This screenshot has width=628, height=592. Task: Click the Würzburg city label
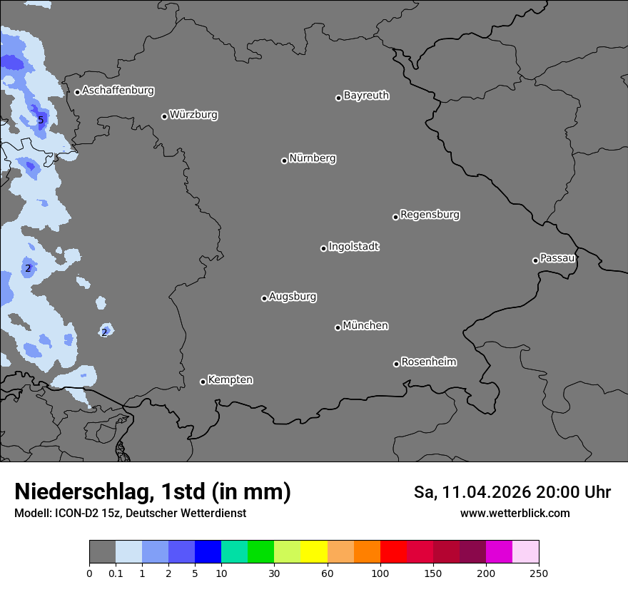click(193, 114)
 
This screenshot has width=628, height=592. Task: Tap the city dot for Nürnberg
click(284, 160)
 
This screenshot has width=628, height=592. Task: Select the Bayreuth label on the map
click(366, 95)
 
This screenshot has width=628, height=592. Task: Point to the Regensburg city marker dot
click(395, 217)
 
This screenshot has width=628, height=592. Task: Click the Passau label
click(557, 257)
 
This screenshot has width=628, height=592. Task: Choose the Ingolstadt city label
click(354, 247)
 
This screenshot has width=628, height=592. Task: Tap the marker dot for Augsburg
click(264, 298)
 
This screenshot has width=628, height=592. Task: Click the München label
click(365, 325)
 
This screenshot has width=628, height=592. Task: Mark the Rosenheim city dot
click(396, 364)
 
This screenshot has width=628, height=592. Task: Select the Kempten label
click(230, 379)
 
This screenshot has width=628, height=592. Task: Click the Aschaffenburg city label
click(118, 91)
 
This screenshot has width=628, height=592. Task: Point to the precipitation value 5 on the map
click(41, 121)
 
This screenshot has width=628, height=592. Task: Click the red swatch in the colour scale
click(393, 552)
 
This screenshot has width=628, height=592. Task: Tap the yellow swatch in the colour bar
click(314, 552)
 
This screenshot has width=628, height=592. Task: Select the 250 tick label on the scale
click(539, 573)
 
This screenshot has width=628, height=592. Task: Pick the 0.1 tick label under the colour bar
click(116, 573)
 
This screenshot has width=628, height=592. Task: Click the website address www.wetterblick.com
click(515, 513)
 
